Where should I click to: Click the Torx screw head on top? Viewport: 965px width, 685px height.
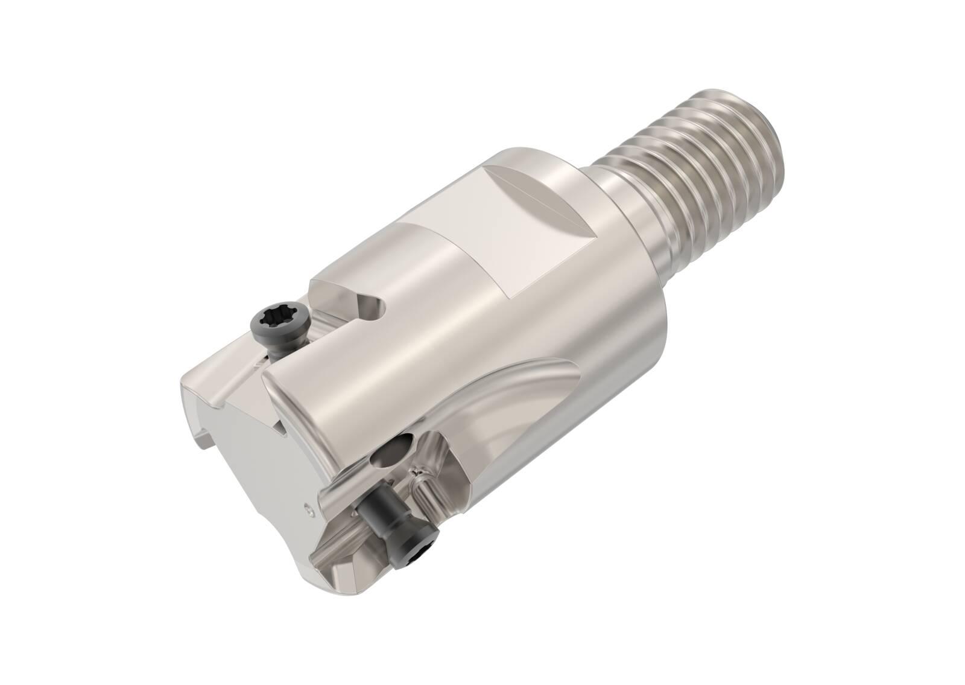pos(279,319)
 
